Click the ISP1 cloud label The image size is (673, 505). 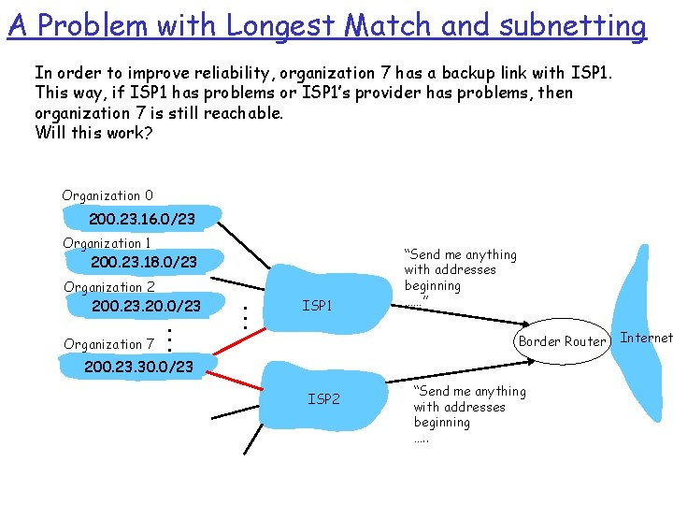coord(317,305)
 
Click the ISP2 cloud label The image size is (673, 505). coord(323,399)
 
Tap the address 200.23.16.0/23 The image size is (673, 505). coord(141,219)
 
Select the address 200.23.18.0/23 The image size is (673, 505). coord(144,263)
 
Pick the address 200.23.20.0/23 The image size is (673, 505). coord(146,307)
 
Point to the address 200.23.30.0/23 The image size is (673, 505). coord(138,367)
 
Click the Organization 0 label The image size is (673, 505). coord(107,195)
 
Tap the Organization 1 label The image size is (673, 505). coord(107,243)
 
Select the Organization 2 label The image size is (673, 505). coord(109,287)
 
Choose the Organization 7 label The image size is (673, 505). coord(108,344)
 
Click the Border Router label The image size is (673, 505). coord(562,341)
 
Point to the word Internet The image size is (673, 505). coord(646,338)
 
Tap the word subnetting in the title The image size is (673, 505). coord(572,25)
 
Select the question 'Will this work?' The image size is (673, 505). coord(93,133)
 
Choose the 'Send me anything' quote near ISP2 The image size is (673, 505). coord(469,407)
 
